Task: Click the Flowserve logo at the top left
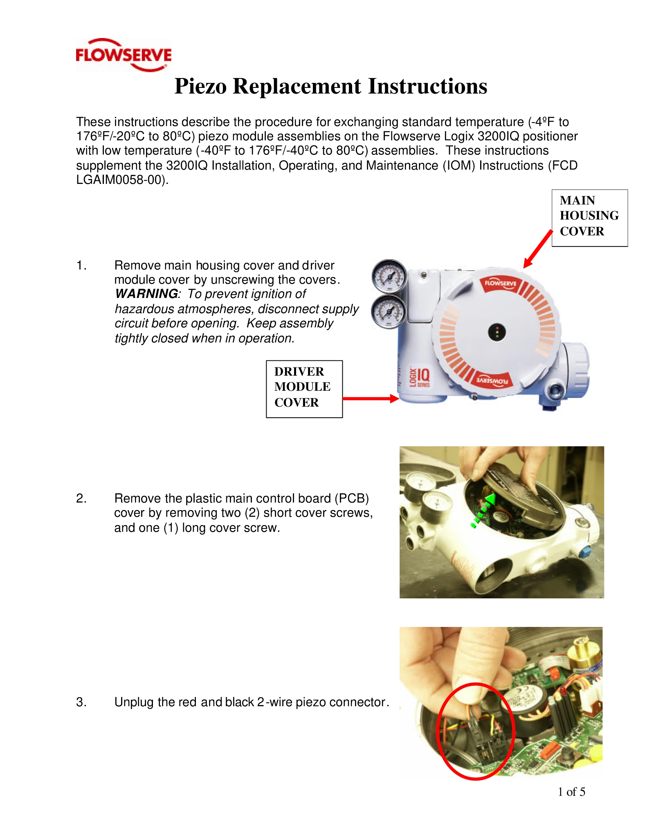pyautogui.click(x=124, y=55)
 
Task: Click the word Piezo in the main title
pyautogui.click(x=200, y=87)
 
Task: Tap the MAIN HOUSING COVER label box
pyautogui.click(x=589, y=218)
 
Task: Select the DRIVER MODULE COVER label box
pyautogui.click(x=304, y=389)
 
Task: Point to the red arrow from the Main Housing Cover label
pyautogui.click(x=538, y=249)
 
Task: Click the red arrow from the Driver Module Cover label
pyautogui.click(x=371, y=398)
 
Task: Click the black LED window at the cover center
pyautogui.click(x=497, y=332)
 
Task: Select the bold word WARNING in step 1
pyautogui.click(x=146, y=294)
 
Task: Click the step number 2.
pyautogui.click(x=81, y=498)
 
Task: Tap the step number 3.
pyautogui.click(x=81, y=702)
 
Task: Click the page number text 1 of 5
pyautogui.click(x=571, y=792)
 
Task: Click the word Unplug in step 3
pyautogui.click(x=134, y=703)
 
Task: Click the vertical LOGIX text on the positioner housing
pyautogui.click(x=413, y=377)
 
